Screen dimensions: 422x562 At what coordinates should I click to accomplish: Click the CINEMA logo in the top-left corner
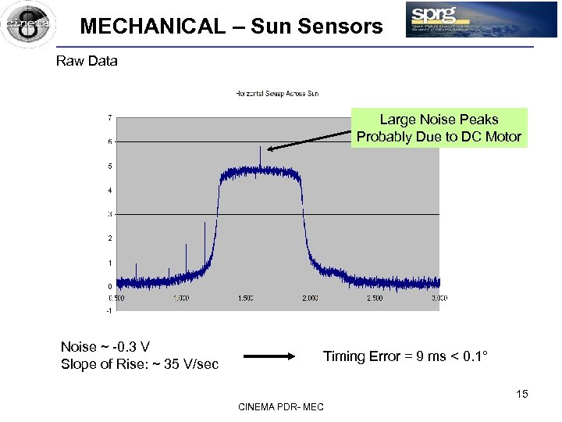(x=28, y=23)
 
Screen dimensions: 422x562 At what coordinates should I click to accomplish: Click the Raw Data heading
(x=87, y=61)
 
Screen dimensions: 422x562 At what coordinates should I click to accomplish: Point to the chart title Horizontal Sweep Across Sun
(x=277, y=94)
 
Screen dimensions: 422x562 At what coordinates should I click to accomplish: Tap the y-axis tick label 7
(x=109, y=117)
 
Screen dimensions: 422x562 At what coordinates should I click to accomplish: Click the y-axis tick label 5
(x=109, y=166)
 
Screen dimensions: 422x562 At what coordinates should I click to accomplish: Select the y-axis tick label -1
(x=109, y=310)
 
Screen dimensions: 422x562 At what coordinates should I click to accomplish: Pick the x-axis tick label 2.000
(x=310, y=298)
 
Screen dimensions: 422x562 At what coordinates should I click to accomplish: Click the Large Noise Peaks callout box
(x=439, y=128)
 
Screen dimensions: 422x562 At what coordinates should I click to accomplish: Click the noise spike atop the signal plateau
(x=260, y=155)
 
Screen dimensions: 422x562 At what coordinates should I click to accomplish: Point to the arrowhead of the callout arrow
(x=268, y=148)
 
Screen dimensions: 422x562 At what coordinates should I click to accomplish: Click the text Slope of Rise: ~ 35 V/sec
(x=140, y=364)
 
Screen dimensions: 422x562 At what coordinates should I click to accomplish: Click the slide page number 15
(x=521, y=394)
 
